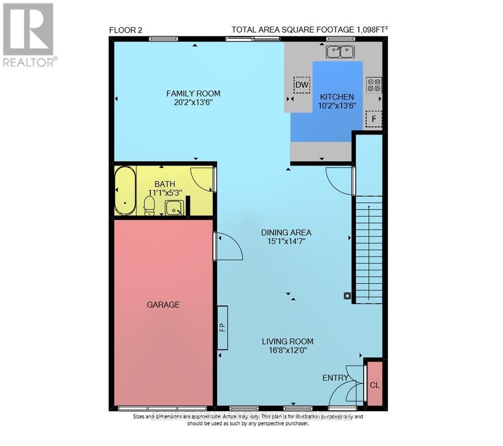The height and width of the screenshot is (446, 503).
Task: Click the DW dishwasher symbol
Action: (301, 85)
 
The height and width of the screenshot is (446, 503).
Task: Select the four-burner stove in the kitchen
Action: (374, 84)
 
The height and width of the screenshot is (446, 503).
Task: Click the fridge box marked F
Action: (374, 119)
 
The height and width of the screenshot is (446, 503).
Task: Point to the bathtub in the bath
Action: (124, 190)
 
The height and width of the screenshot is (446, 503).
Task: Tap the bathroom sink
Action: (174, 206)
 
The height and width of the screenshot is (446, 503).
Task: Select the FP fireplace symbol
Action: (222, 327)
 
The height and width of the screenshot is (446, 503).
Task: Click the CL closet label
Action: (375, 385)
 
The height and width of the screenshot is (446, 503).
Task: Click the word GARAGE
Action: (163, 305)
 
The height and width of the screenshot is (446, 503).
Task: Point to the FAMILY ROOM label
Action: (193, 93)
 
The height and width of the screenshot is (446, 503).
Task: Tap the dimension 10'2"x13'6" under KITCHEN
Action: (336, 106)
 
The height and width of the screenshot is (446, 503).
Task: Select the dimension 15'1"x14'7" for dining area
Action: (286, 242)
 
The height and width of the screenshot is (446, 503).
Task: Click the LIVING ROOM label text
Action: (287, 341)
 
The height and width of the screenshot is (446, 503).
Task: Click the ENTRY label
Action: (335, 378)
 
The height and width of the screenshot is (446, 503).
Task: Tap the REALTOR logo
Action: (29, 35)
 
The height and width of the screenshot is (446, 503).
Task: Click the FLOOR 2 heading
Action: (126, 30)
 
